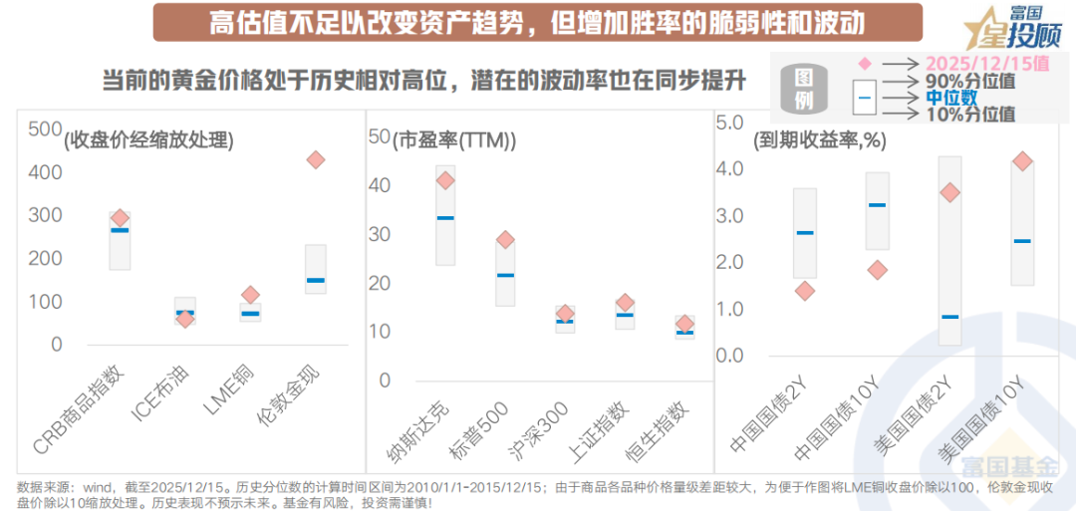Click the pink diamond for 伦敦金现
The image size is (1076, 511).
(x=316, y=159)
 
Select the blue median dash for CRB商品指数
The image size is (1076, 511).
(x=120, y=230)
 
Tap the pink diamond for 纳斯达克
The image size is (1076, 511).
(x=445, y=180)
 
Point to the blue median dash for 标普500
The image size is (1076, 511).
(x=506, y=275)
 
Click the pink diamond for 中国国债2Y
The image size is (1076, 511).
(x=805, y=291)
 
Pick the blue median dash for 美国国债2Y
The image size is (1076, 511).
(x=949, y=317)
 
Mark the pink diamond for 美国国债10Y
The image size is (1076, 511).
(x=1021, y=161)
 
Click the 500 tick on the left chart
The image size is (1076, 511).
(x=45, y=128)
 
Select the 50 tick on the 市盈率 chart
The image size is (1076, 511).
(x=379, y=136)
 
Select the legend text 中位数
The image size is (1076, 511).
(x=951, y=97)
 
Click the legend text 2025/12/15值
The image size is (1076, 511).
(x=987, y=63)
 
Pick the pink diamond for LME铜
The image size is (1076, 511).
(x=250, y=295)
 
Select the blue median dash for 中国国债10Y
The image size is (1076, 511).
(x=877, y=205)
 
